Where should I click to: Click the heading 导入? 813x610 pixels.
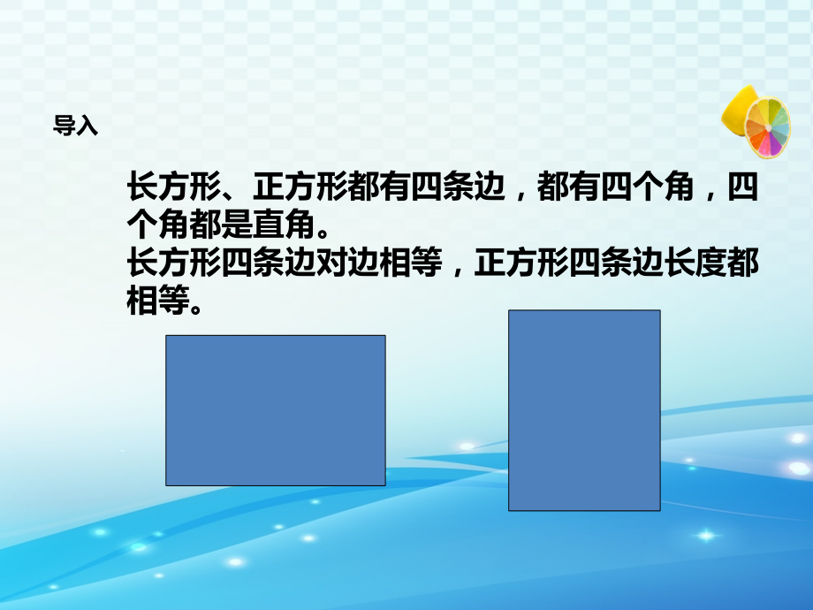[x=75, y=126]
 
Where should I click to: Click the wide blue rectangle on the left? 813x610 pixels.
[x=276, y=410]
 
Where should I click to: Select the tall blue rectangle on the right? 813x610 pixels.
[x=584, y=410]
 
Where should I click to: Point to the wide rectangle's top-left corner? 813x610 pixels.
[x=166, y=336]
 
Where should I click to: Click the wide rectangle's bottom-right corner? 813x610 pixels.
[x=385, y=485]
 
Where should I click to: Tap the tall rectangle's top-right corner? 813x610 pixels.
[x=660, y=310]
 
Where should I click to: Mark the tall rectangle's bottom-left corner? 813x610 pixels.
[x=509, y=510]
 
